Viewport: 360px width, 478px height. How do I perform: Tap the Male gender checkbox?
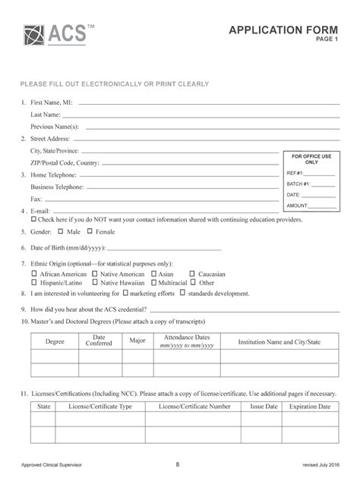(62, 231)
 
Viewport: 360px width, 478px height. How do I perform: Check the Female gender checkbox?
(90, 231)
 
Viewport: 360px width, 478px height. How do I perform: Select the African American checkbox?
(33, 273)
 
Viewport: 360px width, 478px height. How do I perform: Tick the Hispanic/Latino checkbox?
(33, 281)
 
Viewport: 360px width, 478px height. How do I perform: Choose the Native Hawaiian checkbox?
(94, 281)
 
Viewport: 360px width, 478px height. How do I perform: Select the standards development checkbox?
(182, 292)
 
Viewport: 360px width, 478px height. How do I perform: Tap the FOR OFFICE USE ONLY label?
(311, 159)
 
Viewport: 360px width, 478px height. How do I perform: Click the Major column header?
(137, 341)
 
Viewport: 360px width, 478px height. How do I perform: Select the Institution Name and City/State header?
(279, 342)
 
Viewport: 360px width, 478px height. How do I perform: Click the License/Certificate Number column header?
(194, 407)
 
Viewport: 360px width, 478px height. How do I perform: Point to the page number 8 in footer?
(177, 463)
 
